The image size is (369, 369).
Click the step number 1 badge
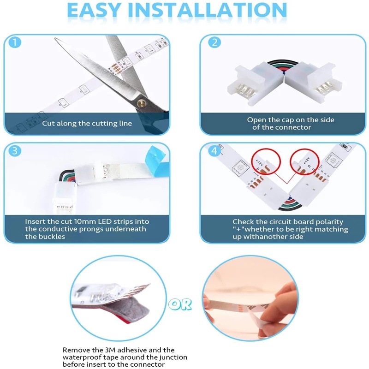(x=16, y=42)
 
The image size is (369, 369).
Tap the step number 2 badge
(x=214, y=42)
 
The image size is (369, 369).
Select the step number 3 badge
(x=16, y=151)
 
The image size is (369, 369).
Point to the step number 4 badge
(x=214, y=151)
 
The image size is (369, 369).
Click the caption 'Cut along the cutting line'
(x=87, y=123)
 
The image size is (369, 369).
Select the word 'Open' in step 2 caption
(x=256, y=120)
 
